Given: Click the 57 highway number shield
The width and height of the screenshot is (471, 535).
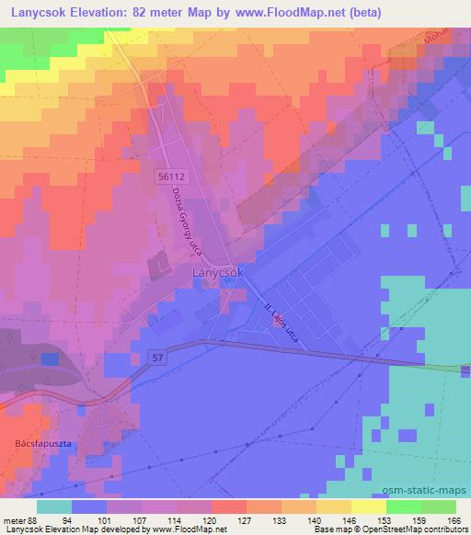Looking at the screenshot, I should [158, 354].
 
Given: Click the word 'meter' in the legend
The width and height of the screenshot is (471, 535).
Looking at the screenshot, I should [14, 520].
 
